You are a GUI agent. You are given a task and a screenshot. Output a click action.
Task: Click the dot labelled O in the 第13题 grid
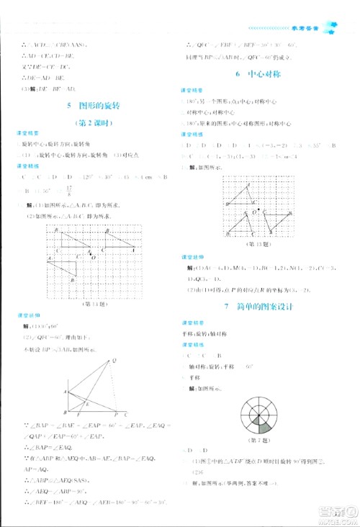pyautogui.click(x=253, y=213)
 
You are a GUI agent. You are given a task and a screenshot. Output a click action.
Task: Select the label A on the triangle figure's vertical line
pyautogui.click(x=64, y=392)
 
